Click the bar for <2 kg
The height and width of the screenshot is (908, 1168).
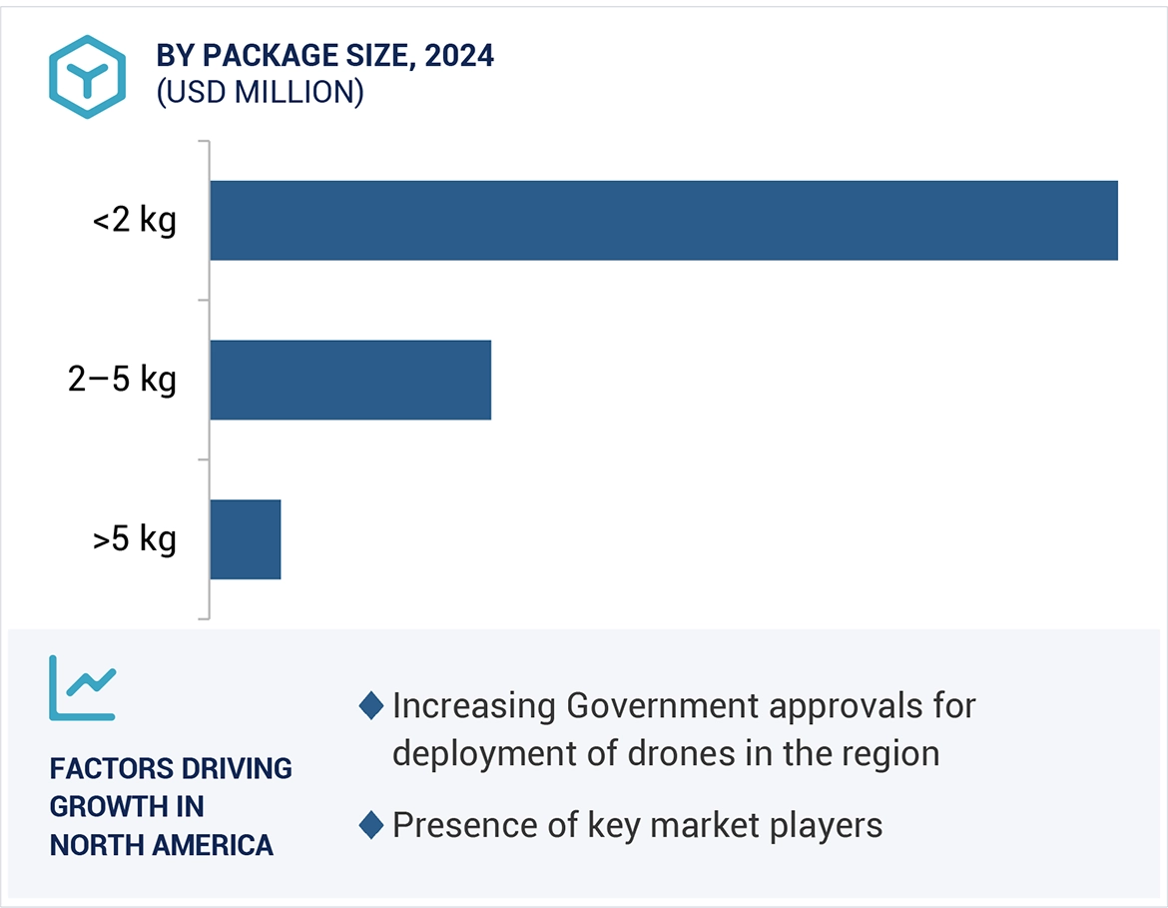point(663,220)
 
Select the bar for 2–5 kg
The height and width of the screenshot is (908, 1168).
point(350,380)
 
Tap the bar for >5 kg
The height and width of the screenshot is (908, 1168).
point(246,539)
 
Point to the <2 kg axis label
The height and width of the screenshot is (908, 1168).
point(134,220)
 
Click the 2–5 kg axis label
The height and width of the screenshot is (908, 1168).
point(122,380)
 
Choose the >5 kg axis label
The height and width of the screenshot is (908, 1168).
point(134,539)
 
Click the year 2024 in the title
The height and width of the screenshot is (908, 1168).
point(459,56)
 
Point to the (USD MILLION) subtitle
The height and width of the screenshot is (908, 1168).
point(260,92)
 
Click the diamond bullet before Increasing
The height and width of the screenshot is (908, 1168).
point(371,706)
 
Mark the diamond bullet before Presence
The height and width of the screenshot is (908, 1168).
point(371,826)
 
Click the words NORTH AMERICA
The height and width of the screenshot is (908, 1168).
point(161,845)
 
